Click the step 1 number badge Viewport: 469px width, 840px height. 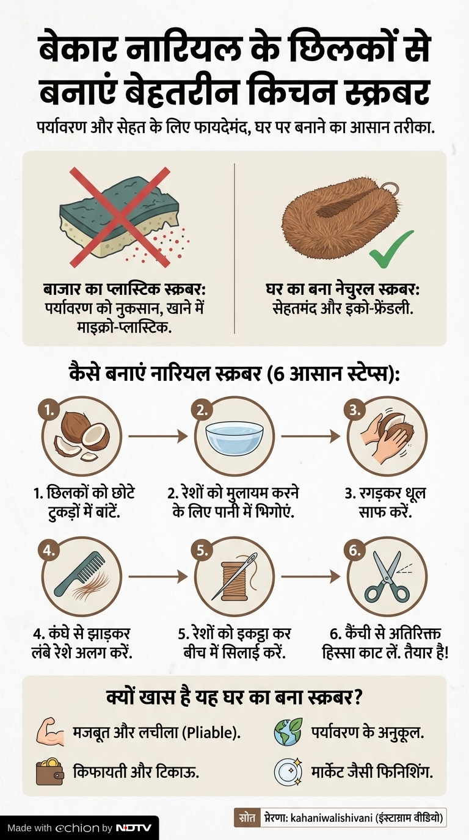pos(49,411)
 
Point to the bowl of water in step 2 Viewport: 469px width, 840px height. pos(234,436)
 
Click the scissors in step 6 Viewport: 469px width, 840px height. pos(387,577)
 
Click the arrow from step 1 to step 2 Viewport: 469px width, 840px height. pos(158,436)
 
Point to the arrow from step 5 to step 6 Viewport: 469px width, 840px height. pos(311,576)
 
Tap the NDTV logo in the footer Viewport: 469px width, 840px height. pos(134,827)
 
